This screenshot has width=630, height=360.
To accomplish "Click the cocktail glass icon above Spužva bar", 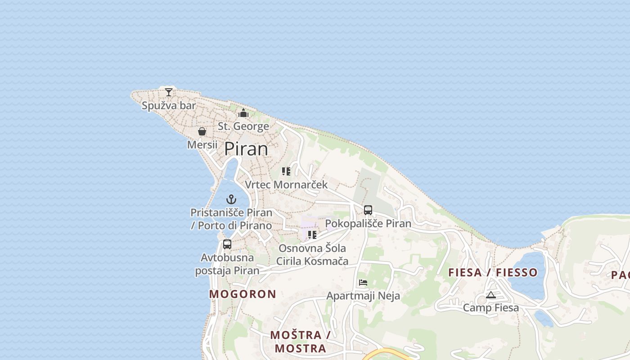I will click(169, 92).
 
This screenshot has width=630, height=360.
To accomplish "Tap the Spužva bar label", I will click(169, 106).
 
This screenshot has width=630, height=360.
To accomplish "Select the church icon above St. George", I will click(243, 113).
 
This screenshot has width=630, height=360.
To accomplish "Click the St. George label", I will click(243, 126).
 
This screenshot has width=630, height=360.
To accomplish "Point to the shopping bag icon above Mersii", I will click(202, 131).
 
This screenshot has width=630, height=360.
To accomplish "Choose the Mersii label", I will click(202, 145).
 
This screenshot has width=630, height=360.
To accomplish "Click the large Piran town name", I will click(246, 149).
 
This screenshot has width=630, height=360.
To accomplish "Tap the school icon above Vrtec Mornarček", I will click(286, 171).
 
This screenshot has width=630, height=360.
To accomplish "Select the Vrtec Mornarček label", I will click(286, 185).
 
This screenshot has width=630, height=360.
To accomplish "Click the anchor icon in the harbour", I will click(231, 199).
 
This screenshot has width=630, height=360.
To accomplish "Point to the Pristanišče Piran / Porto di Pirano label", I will click(231, 219).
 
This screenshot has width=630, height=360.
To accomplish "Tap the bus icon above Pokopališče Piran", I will click(368, 210).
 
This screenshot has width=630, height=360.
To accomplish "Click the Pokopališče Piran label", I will click(368, 224).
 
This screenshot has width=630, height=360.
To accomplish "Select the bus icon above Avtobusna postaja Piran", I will click(227, 244).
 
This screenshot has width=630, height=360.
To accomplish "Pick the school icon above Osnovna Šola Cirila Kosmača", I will click(312, 234).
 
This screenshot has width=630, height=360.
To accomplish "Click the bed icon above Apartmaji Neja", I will click(363, 283).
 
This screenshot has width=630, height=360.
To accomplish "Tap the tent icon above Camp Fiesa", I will click(491, 295).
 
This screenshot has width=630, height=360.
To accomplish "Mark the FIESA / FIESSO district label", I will click(493, 272).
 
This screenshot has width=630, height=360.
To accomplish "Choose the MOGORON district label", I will click(243, 294).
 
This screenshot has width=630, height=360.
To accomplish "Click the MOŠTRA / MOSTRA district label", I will click(301, 342).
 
